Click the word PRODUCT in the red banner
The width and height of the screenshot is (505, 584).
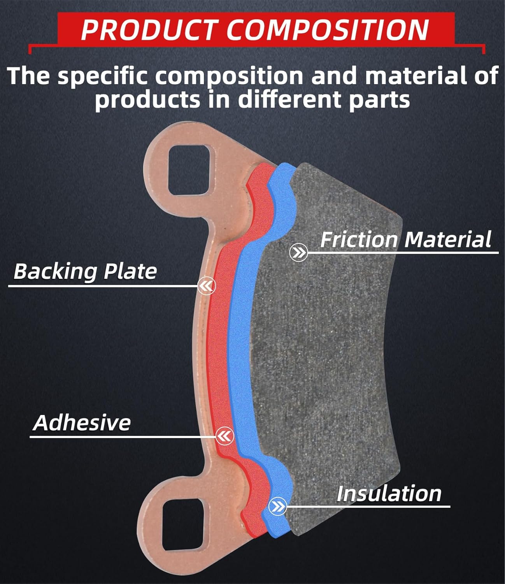pos(148,30)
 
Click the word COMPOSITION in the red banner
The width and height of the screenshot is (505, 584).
pos(327,30)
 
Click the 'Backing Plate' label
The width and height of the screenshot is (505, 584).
pos(85,271)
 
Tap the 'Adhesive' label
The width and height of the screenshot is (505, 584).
pos(82,422)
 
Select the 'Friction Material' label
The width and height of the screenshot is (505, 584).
pos(405,239)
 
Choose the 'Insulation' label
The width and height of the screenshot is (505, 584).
pos(389,493)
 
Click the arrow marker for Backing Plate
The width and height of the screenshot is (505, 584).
pos(206,286)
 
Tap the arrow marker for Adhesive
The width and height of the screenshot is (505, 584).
pos(224,436)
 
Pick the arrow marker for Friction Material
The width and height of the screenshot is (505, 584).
pos(299,253)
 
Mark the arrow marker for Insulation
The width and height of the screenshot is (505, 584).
pos(278,507)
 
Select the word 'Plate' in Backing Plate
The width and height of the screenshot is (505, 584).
pos(131,271)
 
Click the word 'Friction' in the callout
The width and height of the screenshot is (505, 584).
pos(359,239)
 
